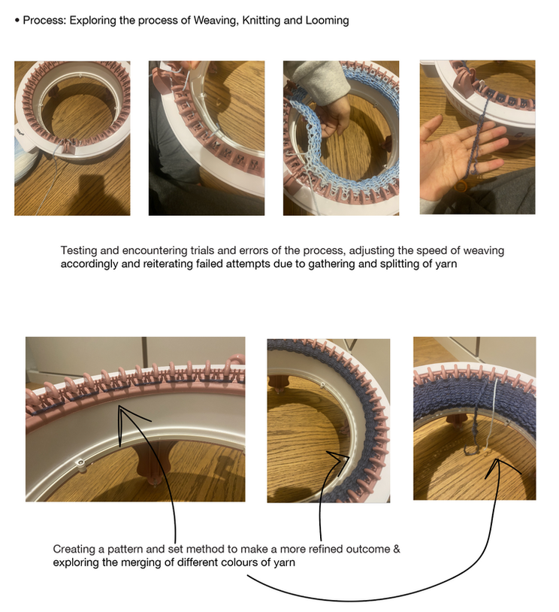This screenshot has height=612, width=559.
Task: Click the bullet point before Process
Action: (x=17, y=20)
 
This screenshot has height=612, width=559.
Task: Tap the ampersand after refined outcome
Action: (x=397, y=549)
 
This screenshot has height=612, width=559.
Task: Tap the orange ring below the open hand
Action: (x=461, y=186)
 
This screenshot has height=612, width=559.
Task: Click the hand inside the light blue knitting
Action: (x=333, y=117)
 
